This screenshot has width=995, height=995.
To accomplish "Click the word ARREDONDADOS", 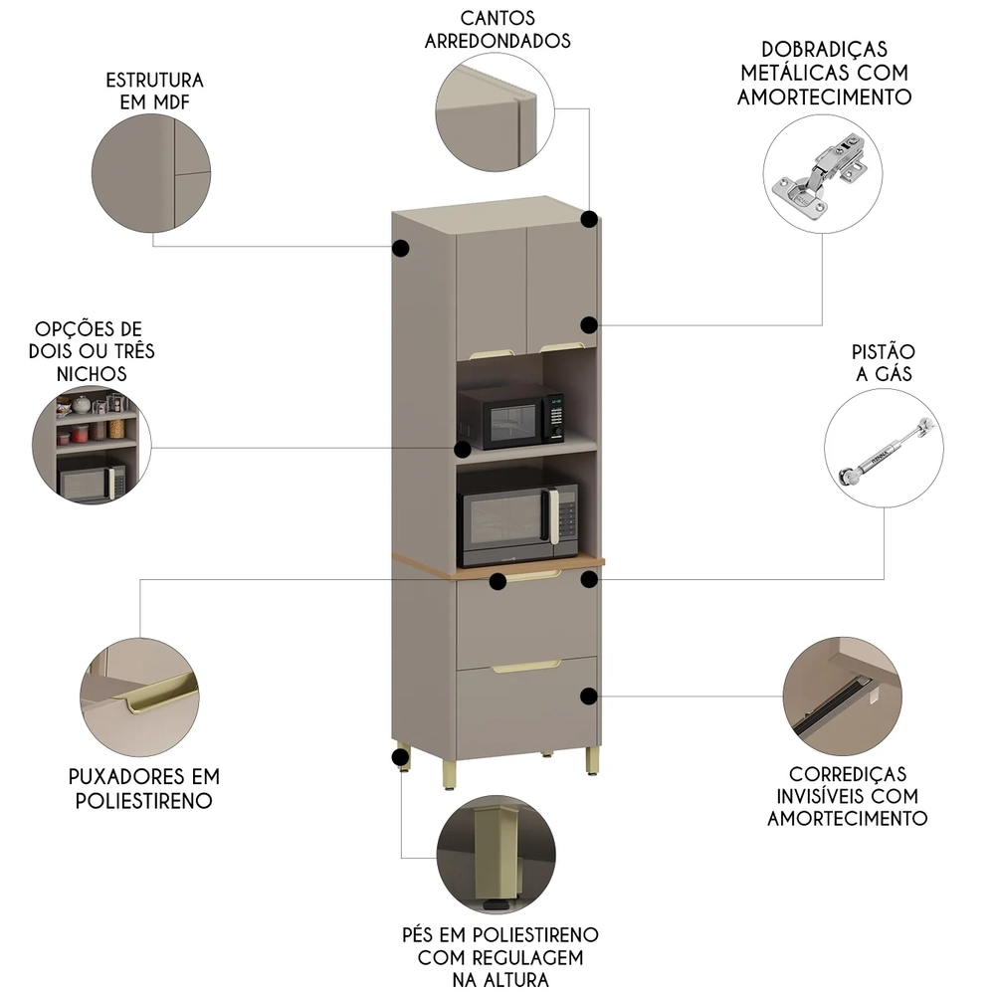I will point(497,41).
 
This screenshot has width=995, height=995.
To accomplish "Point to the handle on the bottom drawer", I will point(526,666).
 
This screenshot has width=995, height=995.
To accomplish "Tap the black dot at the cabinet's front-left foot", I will point(401,760).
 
